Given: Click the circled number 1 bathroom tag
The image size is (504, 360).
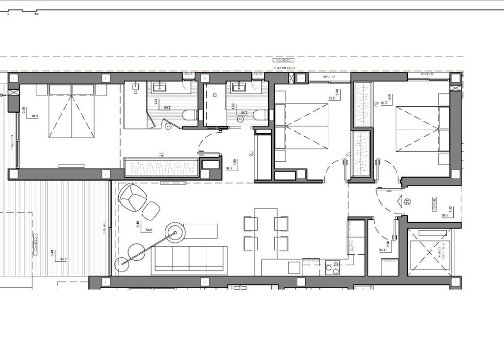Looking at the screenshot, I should [168, 126].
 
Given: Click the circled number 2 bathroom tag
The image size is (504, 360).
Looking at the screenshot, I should [240, 119].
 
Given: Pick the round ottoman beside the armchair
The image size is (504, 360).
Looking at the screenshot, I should [152, 210].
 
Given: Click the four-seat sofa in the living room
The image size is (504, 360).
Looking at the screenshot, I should [190, 258].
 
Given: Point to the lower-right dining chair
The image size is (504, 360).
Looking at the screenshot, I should [281, 242].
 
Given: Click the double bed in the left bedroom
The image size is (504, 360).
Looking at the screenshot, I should [71, 111].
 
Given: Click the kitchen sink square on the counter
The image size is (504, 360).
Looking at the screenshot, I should [294, 268].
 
